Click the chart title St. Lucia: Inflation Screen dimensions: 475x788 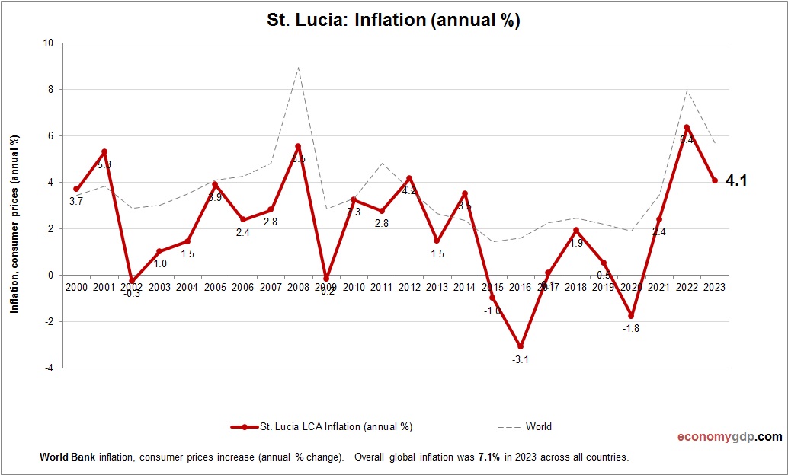point(393,20)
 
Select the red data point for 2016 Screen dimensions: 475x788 point(521,346)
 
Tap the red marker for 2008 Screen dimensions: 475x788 point(298,146)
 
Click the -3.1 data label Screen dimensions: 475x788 point(521,359)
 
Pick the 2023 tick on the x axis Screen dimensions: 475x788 point(715,286)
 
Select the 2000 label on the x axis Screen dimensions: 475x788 point(76,286)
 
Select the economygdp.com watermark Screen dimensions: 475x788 point(729,437)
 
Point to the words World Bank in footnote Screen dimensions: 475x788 point(63,457)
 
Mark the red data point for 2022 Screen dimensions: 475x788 point(687,127)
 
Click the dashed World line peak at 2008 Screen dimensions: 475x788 point(298,67)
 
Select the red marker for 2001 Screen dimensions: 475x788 point(104,151)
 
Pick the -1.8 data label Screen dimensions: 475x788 point(632,328)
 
